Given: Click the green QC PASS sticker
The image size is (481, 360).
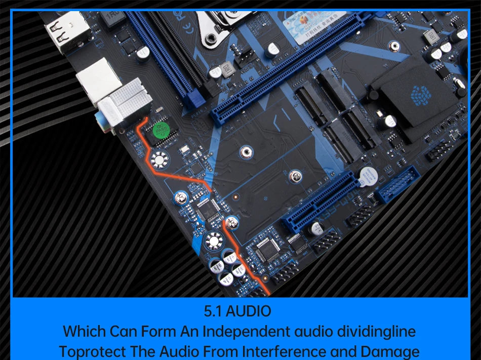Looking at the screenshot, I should pyautogui.click(x=162, y=130).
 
